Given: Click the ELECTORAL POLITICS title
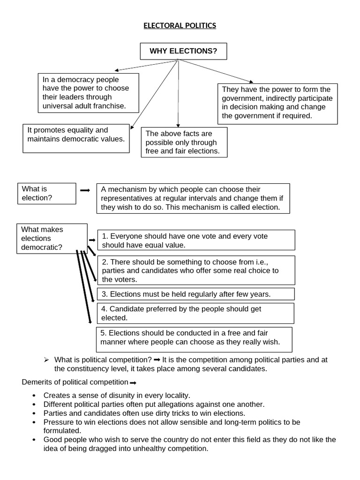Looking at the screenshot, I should click(180, 25).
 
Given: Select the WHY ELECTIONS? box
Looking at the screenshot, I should click(183, 51).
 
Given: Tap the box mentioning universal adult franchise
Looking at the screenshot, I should click(88, 93).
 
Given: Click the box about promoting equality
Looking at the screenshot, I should click(76, 138).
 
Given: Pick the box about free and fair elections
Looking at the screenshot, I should click(184, 142).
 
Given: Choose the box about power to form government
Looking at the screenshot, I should click(277, 104).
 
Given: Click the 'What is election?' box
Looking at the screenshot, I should click(46, 194).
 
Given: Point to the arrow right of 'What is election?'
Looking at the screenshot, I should click(85, 190).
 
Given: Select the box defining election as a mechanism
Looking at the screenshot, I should click(193, 198).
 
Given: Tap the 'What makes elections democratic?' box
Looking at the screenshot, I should click(52, 239).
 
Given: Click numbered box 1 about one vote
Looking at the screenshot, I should click(196, 240).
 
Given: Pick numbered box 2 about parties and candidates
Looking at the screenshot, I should click(196, 270).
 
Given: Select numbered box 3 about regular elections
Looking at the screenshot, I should click(196, 294).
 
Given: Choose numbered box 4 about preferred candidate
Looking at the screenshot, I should click(195, 313).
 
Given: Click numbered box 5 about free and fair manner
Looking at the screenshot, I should click(194, 339).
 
